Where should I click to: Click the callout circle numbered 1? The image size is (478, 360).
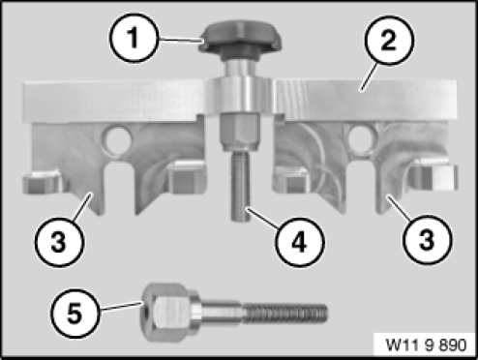[134, 38]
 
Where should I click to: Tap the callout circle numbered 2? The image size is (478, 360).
[388, 41]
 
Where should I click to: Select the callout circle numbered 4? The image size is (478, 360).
[300, 242]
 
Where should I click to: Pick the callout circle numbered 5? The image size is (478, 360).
[75, 313]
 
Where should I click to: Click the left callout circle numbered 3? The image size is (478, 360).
[59, 242]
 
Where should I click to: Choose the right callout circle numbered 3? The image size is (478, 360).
[427, 240]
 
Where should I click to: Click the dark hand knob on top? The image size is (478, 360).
[240, 41]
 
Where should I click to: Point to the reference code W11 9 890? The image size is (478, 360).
[426, 345]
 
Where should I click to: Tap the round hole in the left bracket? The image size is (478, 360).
[116, 139]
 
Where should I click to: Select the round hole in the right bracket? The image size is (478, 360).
[361, 138]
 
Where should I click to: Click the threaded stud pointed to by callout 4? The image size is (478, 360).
[241, 186]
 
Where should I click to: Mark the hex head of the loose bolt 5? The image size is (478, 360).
[164, 312]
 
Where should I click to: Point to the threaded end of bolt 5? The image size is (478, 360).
[285, 314]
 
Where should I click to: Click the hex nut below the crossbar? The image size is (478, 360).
[240, 133]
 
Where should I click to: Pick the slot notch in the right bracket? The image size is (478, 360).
[361, 187]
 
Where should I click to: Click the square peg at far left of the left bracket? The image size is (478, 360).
[43, 182]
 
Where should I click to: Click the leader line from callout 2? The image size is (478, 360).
[369, 76]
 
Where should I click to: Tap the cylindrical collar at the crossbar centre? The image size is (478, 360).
[240, 96]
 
